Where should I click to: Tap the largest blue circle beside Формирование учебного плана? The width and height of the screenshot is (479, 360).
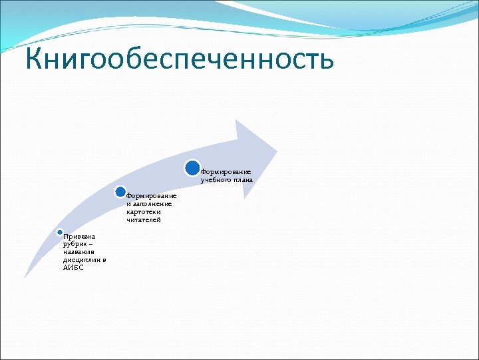(x=192, y=168)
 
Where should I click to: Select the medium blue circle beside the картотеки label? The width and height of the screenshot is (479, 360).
(x=120, y=192)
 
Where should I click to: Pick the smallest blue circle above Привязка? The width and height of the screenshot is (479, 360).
(x=59, y=231)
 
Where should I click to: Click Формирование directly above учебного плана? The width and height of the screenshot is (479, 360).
(x=226, y=172)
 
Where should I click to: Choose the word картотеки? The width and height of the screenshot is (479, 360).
(x=144, y=212)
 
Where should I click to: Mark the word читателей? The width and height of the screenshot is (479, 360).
(x=144, y=220)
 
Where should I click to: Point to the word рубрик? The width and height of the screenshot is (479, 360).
(x=74, y=244)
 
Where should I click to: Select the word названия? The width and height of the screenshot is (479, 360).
(x=79, y=252)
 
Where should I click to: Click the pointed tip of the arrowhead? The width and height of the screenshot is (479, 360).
(x=276, y=148)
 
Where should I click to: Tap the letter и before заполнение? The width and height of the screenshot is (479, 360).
(x=128, y=204)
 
